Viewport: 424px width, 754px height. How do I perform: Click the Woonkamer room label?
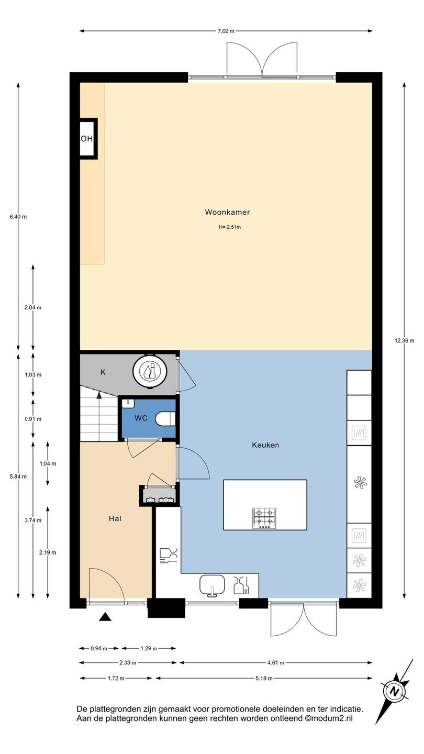point(227,212)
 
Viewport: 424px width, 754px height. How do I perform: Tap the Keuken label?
point(265,445)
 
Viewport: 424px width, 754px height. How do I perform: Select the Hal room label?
point(115,519)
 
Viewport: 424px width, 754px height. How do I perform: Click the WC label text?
point(141,418)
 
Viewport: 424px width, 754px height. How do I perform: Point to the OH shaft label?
point(86,138)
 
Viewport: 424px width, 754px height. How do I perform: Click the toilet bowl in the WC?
point(165,419)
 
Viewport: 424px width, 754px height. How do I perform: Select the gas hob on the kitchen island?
point(264,518)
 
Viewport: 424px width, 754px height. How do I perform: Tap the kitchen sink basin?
point(212,586)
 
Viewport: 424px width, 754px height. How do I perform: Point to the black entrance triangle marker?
point(105,617)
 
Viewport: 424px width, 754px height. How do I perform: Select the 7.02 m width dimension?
point(226,31)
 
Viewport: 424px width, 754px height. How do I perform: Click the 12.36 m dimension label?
point(404,340)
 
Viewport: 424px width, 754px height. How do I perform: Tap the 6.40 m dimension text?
point(18,217)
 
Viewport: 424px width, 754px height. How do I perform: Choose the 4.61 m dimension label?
point(275,663)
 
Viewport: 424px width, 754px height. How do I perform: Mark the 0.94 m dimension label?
point(99,648)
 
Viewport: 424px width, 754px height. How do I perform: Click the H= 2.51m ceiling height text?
point(230,227)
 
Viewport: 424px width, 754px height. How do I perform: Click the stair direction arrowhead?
point(99,395)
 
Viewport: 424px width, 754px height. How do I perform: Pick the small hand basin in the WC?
point(128,403)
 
